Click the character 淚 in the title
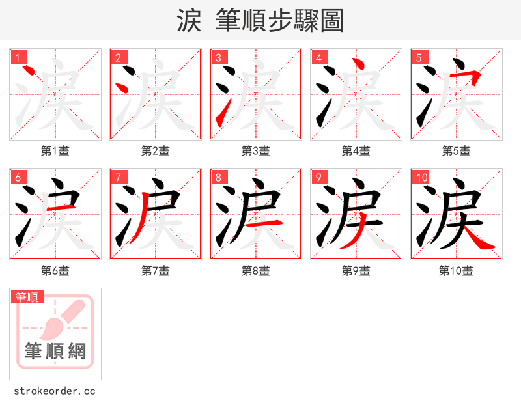tap(189, 21)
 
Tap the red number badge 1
tap(18, 57)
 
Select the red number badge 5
tap(419, 57)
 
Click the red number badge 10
tap(421, 177)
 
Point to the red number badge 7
tap(118, 177)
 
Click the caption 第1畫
tap(55, 151)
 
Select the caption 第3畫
tap(256, 151)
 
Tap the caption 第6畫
tap(55, 271)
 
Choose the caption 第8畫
tap(256, 271)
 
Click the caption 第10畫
tap(456, 271)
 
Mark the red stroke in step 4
tap(356, 65)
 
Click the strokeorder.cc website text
tap(55, 391)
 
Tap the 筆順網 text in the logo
tap(55, 352)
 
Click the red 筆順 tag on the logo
tap(28, 297)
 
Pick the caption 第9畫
tap(356, 271)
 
